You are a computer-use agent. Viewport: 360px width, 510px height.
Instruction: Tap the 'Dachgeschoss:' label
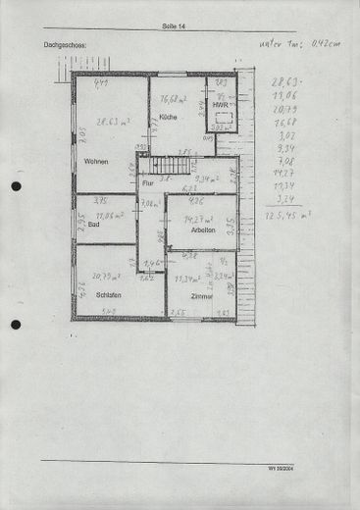click(x=65, y=45)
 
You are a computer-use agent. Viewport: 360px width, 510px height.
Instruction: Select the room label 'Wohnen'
click(x=95, y=161)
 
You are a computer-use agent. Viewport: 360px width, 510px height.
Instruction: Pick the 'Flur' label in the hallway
click(x=148, y=182)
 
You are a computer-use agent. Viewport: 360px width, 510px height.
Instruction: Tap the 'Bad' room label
click(x=93, y=225)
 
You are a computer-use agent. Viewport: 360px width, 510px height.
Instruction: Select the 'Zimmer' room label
click(x=202, y=295)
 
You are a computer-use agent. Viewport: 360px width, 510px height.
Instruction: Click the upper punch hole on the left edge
click(x=16, y=186)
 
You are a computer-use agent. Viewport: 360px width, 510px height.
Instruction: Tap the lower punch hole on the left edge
click(x=16, y=325)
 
